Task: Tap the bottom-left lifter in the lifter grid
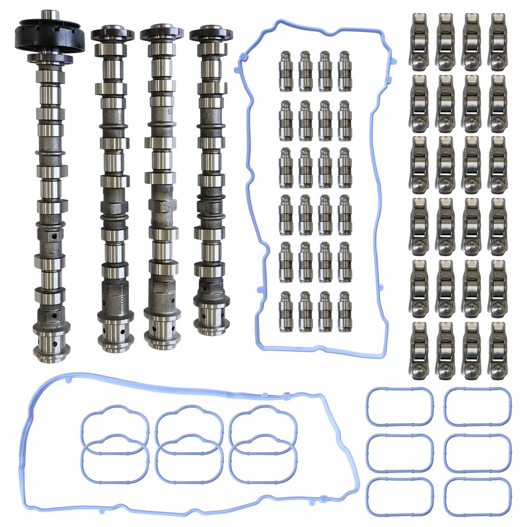(286, 311)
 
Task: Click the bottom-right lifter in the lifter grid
(345, 311)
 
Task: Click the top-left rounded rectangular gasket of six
(399, 407)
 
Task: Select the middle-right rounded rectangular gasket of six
(476, 453)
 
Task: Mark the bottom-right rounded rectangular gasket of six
(476, 497)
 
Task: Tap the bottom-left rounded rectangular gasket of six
(399, 497)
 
